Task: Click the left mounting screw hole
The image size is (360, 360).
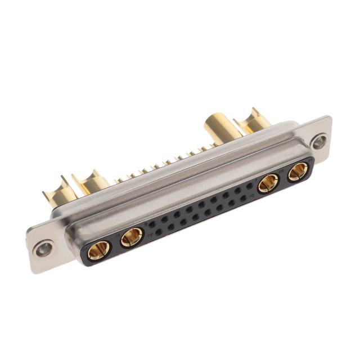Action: click(43, 247)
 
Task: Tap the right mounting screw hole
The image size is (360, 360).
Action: click(319, 141)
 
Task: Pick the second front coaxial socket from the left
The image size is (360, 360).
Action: click(132, 237)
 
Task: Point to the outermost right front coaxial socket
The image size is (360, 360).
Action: click(298, 171)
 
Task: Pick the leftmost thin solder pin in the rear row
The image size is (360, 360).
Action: click(119, 181)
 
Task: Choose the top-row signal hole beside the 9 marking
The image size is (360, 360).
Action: click(159, 221)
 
